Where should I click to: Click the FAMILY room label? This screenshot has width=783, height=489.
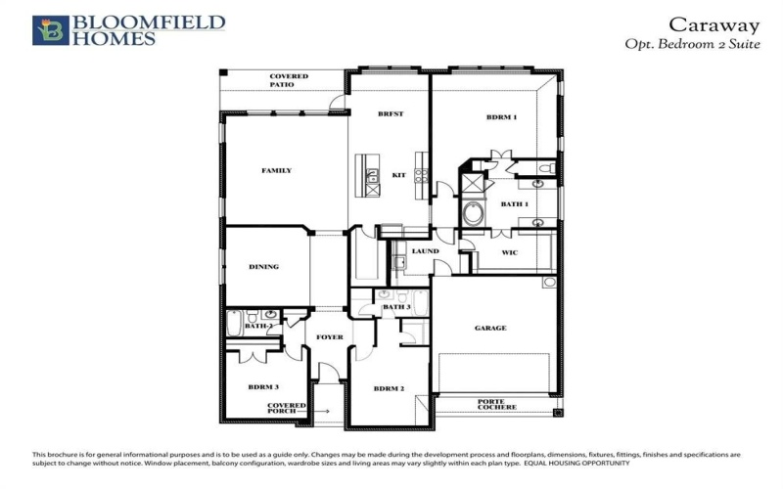[276, 171]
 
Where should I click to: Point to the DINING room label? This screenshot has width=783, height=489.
[264, 266]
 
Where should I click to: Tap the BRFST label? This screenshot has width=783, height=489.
[391, 114]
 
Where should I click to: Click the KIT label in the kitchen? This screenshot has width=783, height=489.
[398, 175]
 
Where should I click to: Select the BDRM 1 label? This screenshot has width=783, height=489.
[501, 117]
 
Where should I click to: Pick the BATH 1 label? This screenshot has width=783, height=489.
[514, 204]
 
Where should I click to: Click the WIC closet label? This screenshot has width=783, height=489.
[509, 252]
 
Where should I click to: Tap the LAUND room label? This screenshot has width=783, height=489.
[425, 251]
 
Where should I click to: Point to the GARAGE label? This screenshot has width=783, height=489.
[490, 328]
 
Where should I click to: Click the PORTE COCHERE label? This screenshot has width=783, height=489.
[496, 403]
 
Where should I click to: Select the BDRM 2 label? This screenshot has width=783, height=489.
[389, 388]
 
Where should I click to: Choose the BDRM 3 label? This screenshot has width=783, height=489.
[263, 388]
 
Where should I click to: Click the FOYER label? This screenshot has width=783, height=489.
[330, 337]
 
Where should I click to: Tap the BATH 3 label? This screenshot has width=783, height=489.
[395, 307]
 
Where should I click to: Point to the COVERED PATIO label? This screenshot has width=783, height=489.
[289, 80]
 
